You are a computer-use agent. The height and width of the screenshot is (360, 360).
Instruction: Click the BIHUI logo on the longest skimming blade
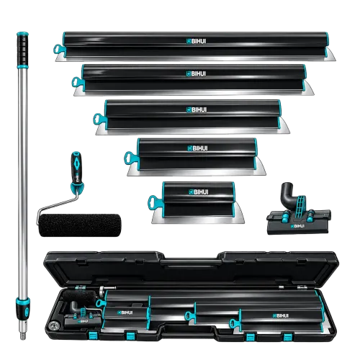(197, 41)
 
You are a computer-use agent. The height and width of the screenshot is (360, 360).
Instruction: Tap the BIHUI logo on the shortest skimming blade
(199, 192)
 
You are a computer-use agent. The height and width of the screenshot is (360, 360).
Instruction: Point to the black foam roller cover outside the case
(80, 225)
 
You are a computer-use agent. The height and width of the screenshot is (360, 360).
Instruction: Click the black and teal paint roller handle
(76, 170)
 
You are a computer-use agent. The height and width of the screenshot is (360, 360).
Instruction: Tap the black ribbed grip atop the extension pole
(22, 49)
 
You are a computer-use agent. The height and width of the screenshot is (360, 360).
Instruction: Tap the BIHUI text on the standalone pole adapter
(297, 226)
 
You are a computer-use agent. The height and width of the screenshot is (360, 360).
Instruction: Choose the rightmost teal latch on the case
(287, 337)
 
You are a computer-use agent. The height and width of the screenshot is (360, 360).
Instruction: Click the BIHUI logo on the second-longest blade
(197, 73)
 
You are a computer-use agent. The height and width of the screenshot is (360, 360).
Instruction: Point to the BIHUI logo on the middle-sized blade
(197, 109)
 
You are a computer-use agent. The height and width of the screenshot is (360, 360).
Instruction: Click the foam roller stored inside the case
(80, 297)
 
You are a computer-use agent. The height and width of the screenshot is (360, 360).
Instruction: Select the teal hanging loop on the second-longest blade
(78, 82)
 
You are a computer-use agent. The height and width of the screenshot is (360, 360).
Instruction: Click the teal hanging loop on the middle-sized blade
(99, 120)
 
